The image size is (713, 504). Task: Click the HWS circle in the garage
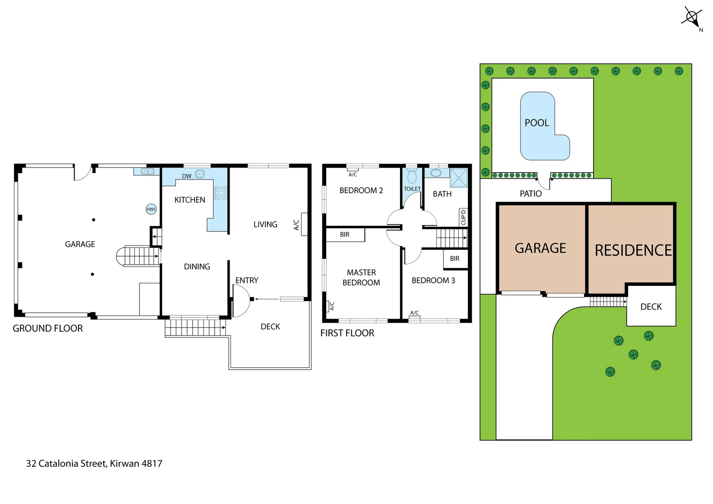click(151, 209)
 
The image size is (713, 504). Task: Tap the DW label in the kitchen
click(187, 176)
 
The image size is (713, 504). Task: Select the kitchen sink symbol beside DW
click(200, 174)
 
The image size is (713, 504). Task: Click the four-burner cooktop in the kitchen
click(221, 193)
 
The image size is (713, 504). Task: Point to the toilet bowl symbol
click(412, 177)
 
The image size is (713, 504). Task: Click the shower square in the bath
click(459, 178)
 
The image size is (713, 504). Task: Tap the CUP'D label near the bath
click(463, 217)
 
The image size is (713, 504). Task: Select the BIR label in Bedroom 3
click(454, 259)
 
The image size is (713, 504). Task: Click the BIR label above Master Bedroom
click(344, 235)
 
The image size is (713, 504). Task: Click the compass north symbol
click(692, 18)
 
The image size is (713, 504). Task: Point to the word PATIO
click(531, 194)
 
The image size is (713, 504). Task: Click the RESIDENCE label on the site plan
click(633, 251)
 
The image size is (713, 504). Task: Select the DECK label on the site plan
click(651, 307)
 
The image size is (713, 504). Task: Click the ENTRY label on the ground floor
click(246, 280)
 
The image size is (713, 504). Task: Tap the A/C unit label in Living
click(296, 225)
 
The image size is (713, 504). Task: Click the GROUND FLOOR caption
click(48, 329)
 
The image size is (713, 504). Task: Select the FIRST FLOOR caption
click(347, 333)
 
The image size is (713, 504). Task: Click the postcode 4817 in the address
click(152, 463)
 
